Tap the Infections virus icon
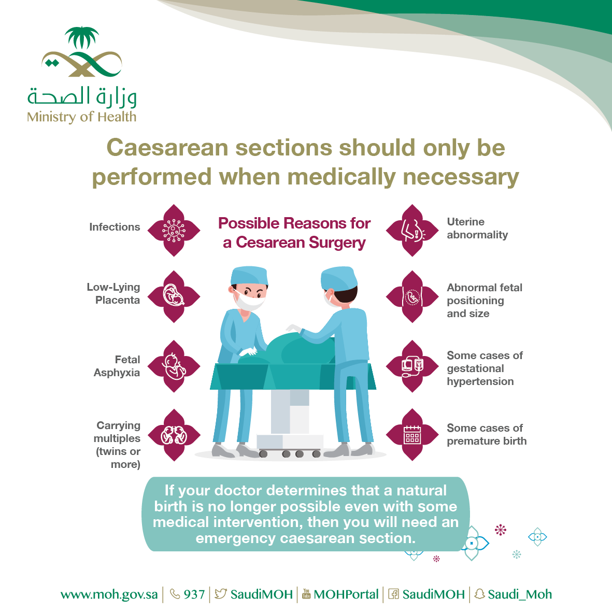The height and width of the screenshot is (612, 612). point(174,230)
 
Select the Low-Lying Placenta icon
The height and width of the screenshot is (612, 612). point(174,296)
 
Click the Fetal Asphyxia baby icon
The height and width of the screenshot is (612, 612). point(174,366)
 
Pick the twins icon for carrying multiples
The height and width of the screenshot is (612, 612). point(174,435)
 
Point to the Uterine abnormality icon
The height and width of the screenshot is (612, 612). point(412,230)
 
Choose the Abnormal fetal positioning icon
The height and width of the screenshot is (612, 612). point(412,296)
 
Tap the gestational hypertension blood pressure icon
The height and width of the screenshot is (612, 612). point(412,366)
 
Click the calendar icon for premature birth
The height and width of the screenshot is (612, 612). point(412,435)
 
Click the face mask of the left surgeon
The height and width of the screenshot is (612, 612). point(250,301)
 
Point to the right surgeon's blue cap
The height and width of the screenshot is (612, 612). point(339,278)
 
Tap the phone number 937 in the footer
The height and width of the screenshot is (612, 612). point(194,594)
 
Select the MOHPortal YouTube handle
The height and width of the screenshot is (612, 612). point(346,594)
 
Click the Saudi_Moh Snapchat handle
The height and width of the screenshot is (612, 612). point(519,594)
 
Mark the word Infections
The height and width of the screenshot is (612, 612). point(115,227)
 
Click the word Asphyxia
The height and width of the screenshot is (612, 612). point(117,373)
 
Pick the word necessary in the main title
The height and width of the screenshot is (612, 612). point(461,178)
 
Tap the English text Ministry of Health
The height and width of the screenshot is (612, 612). point(81,117)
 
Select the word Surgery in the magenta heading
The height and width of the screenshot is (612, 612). point(337,243)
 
